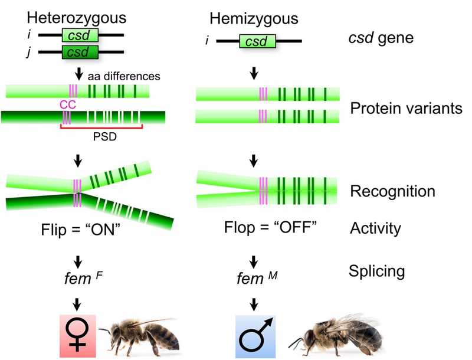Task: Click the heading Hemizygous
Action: [254, 19]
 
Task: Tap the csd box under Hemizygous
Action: [256, 42]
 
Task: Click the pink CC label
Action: [68, 104]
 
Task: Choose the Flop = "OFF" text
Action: [260, 227]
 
